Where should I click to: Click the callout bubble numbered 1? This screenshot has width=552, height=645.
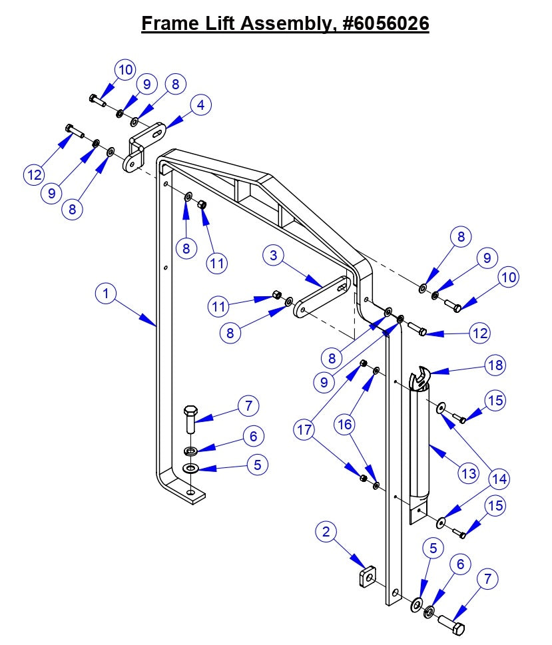pos(105,294)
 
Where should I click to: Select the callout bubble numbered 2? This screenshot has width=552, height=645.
pos(326,532)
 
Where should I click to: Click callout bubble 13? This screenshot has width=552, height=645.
pos(468,473)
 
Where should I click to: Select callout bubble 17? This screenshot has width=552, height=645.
pos(304,430)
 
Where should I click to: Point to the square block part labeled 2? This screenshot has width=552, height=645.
pos(366,576)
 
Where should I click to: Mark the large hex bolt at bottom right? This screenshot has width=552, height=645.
pos(451,624)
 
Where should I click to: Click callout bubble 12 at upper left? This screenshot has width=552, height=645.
pos(35,175)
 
